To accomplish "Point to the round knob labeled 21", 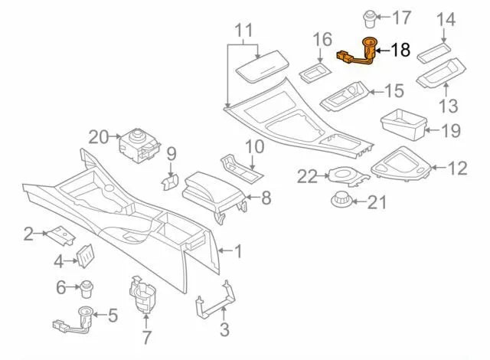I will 339,201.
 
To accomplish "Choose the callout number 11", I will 243,31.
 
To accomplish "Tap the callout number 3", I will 224,331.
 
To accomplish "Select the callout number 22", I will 307,176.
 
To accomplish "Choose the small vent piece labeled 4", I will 87,254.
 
